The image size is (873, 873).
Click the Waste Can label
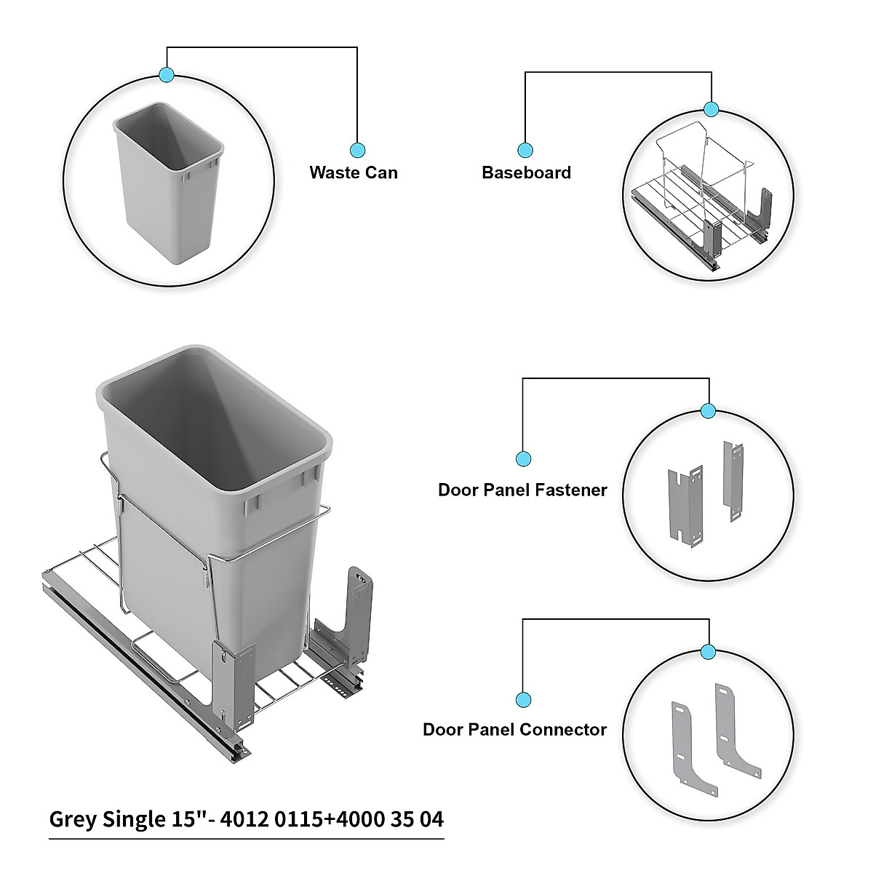(354, 172)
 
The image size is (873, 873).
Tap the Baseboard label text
(526, 172)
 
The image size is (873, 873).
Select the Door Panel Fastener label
(522, 490)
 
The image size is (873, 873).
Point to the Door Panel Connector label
(514, 729)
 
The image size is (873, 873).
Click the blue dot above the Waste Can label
(357, 151)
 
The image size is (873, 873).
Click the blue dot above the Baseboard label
(525, 151)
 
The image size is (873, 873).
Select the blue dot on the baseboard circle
(711, 109)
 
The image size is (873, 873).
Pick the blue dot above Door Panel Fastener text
(523, 458)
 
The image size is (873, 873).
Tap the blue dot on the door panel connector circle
(709, 651)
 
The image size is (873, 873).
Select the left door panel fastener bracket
(685, 504)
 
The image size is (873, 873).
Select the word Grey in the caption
(71, 819)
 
